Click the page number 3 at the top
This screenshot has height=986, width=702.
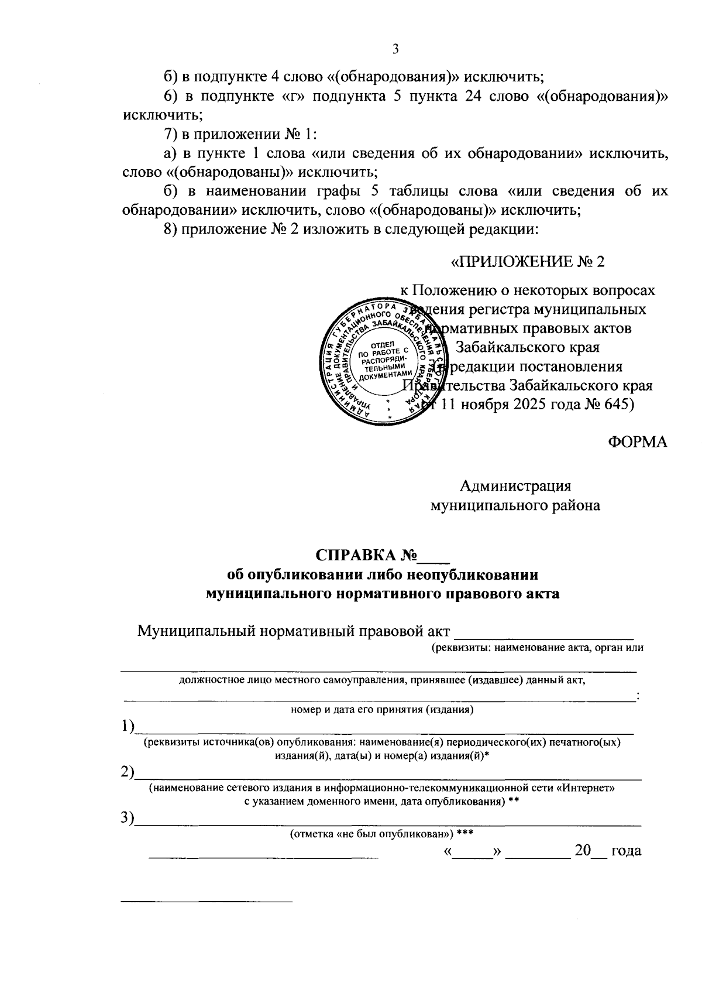click(x=395, y=50)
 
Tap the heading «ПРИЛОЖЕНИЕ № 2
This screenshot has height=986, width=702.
click(x=528, y=262)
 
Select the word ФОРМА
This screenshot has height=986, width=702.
click(x=637, y=443)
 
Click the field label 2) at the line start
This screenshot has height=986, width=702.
click(x=127, y=773)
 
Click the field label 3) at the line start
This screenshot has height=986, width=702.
click(x=127, y=819)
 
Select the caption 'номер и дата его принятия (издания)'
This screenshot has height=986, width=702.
click(x=381, y=710)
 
